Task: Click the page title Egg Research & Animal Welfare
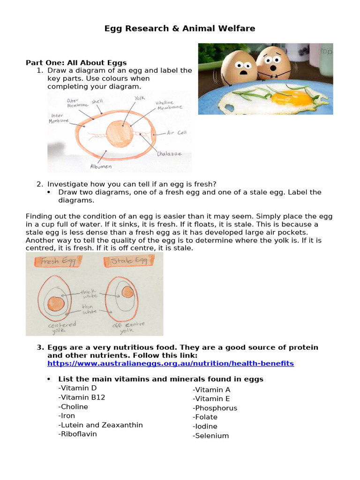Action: click(x=180, y=29)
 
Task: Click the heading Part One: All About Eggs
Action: click(x=76, y=62)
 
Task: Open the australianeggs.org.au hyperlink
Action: click(x=171, y=363)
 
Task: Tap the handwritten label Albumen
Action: click(x=101, y=166)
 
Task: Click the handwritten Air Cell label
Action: click(x=177, y=133)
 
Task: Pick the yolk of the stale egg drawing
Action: click(x=127, y=292)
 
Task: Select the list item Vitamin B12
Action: click(x=82, y=397)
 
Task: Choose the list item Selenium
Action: click(x=211, y=436)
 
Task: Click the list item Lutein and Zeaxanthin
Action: click(x=100, y=425)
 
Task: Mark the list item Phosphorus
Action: click(x=215, y=408)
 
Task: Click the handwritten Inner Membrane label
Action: click(x=59, y=118)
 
